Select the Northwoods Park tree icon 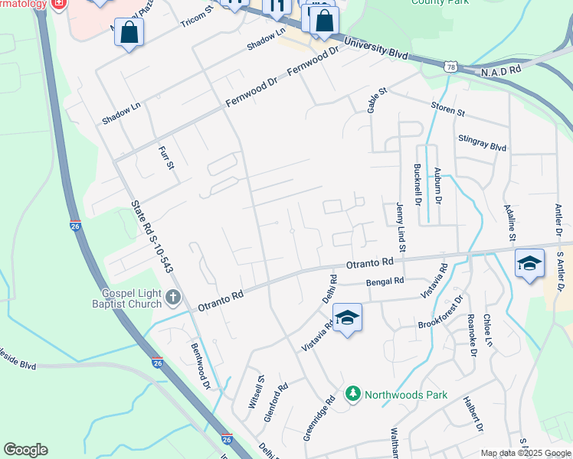[352, 394]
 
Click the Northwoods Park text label [405, 395]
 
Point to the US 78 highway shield [450, 68]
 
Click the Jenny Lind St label [400, 227]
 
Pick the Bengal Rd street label [385, 282]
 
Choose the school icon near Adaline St [529, 264]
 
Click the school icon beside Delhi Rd [347, 317]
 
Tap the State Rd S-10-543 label [150, 236]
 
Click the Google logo [25, 450]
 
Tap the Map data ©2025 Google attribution [526, 453]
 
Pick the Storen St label [448, 109]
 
